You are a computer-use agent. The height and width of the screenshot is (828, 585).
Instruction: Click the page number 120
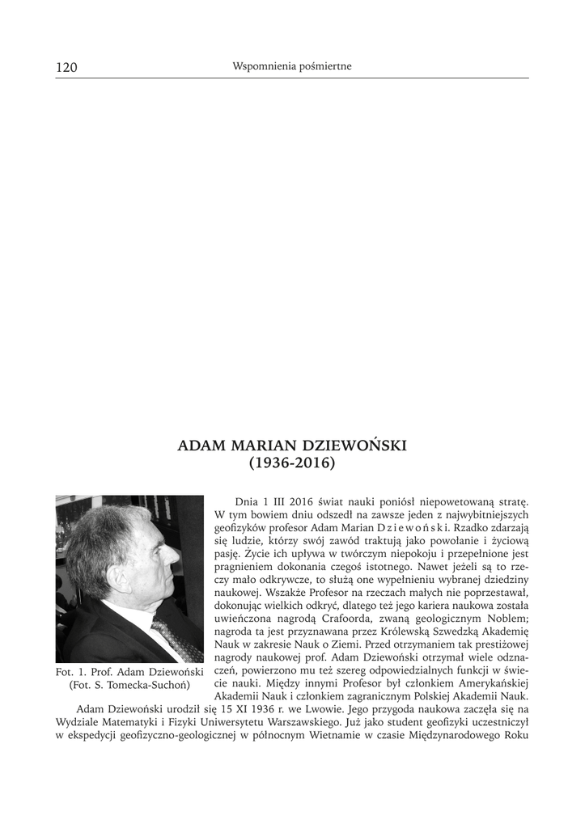pyautogui.click(x=66, y=67)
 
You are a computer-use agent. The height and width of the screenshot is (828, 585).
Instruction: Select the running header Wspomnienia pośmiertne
pyautogui.click(x=291, y=66)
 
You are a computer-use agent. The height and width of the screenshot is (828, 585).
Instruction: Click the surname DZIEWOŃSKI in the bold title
pyautogui.click(x=358, y=446)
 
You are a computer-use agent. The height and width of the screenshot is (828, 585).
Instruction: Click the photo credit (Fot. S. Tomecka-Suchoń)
pyautogui.click(x=129, y=686)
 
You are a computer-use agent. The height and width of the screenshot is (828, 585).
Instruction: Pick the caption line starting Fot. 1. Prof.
pyautogui.click(x=129, y=673)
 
